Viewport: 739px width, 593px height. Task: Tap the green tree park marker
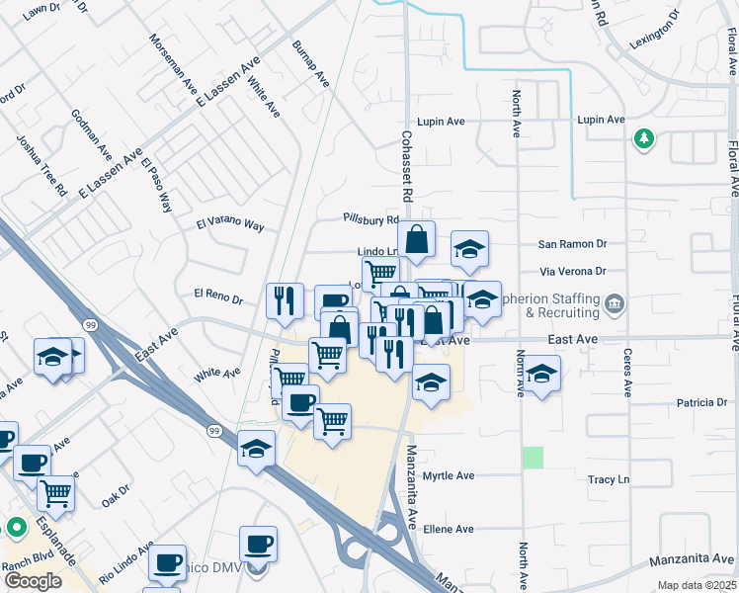coord(644,137)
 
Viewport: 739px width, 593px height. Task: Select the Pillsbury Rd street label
coord(370,218)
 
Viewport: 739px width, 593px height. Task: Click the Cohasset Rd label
coord(405,164)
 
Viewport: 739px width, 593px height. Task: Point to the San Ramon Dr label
coord(571,243)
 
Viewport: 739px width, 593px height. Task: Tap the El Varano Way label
coord(230,224)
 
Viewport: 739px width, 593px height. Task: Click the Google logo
coord(33,581)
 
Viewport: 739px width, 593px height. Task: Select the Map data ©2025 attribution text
coord(697,585)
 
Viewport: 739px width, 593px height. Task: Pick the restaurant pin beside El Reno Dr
coord(285,298)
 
